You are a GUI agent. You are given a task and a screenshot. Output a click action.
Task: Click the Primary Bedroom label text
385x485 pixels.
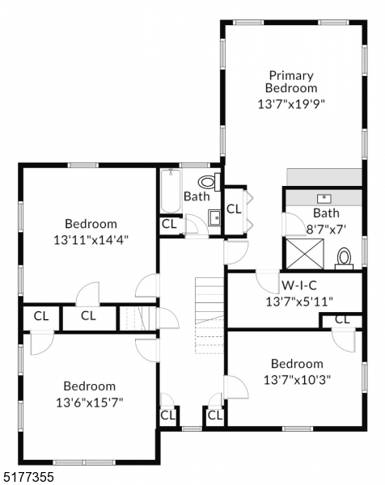click(x=292, y=81)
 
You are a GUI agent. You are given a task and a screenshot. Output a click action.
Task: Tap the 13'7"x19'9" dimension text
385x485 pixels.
click(x=292, y=103)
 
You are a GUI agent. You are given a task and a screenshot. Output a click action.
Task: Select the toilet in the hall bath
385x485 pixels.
click(x=208, y=182)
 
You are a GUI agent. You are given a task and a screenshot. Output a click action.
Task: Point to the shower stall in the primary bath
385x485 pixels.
click(x=300, y=252)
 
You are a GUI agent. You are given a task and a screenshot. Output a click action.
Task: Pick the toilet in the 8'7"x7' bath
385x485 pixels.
click(x=345, y=258)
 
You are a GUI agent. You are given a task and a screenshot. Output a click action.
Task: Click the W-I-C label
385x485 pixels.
click(x=298, y=285)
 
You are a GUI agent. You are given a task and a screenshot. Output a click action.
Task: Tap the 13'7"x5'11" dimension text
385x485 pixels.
click(x=298, y=302)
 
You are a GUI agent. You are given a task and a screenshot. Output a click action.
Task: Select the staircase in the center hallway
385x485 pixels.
click(x=208, y=311)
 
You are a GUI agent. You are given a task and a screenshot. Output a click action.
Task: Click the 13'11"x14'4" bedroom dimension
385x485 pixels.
click(x=91, y=239)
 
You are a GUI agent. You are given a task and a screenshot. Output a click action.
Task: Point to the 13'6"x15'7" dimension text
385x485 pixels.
click(x=89, y=401)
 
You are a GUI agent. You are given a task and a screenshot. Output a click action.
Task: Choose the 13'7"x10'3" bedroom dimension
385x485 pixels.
click(x=297, y=379)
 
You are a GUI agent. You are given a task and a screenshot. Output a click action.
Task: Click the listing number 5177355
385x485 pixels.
click(x=28, y=477)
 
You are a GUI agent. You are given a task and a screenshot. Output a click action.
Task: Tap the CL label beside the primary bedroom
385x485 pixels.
click(x=234, y=209)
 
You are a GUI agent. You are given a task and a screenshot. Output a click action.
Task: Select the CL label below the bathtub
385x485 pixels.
click(x=169, y=224)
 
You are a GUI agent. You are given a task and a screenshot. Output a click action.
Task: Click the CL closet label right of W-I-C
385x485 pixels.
click(x=342, y=320)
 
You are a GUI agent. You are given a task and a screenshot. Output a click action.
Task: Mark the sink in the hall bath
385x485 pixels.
click(x=214, y=216)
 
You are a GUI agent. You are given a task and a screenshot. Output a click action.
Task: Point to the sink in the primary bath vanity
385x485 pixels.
click(x=326, y=197)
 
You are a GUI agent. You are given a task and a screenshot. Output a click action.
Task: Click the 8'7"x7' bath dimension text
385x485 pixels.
click(x=326, y=228)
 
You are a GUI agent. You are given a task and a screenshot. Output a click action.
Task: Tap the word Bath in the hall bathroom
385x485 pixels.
click(x=197, y=196)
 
